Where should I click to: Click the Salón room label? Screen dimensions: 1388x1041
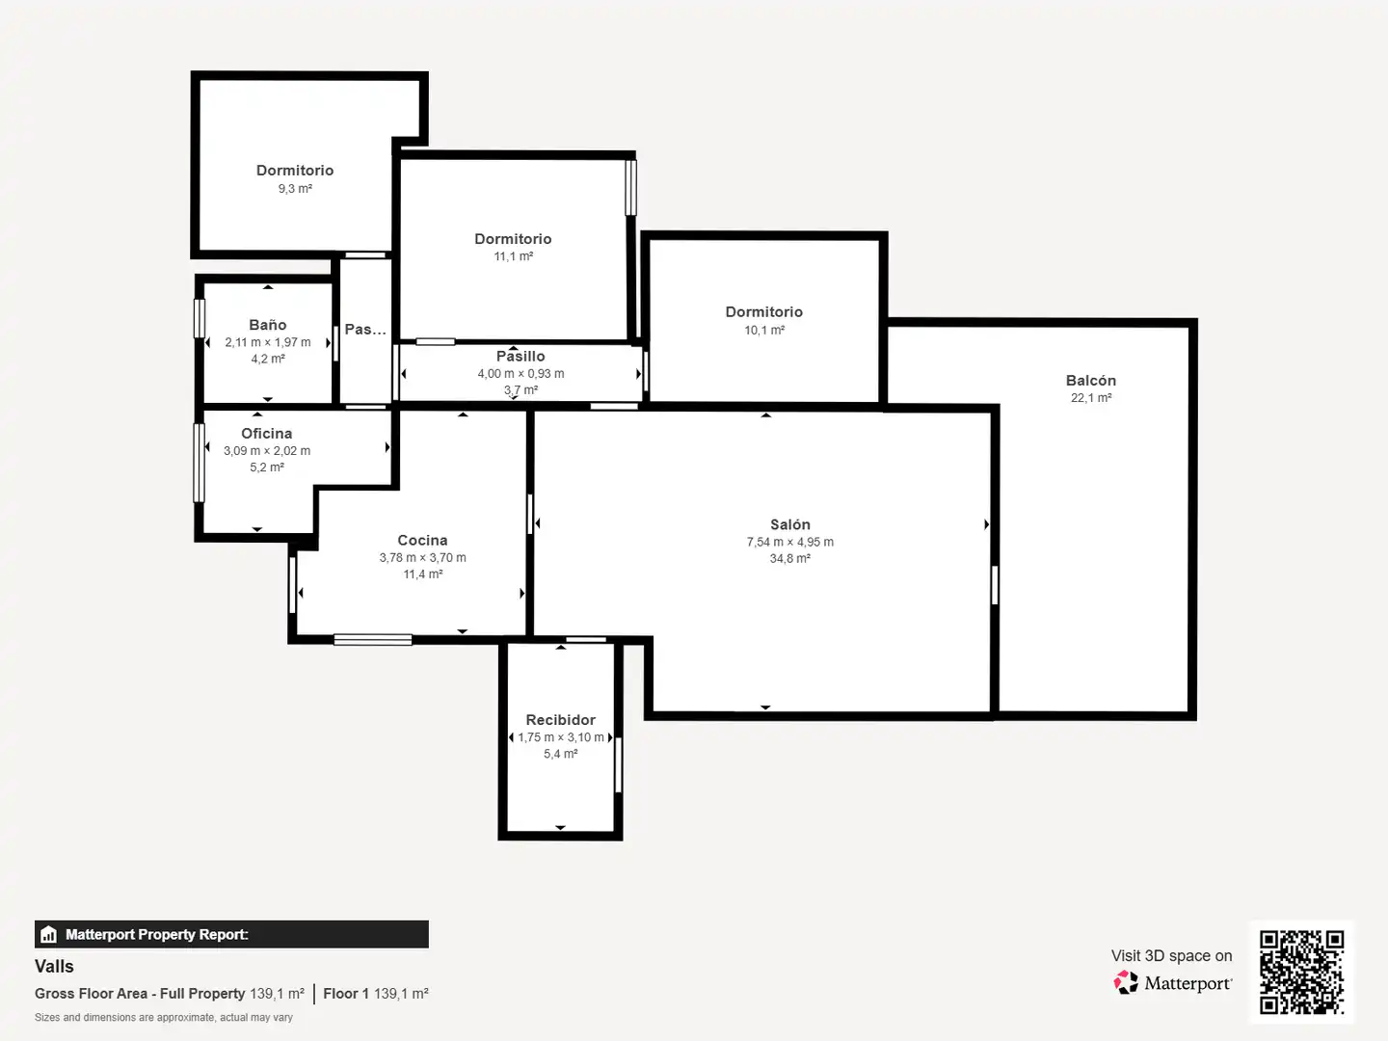(789, 524)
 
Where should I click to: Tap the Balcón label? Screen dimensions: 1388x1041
(1091, 381)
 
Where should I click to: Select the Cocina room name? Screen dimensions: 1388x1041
(422, 541)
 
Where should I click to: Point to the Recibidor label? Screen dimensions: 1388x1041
(560, 720)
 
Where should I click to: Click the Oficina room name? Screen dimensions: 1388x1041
(266, 434)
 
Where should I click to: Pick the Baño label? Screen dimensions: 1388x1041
(268, 325)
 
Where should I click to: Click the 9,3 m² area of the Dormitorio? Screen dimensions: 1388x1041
(295, 188)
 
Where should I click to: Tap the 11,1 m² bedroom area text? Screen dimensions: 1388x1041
(513, 256)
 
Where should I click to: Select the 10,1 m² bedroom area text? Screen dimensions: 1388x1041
(763, 330)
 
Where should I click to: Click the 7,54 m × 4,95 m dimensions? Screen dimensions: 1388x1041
(789, 542)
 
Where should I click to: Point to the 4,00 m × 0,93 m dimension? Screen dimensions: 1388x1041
(520, 374)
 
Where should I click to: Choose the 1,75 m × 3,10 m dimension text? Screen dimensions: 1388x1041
(560, 737)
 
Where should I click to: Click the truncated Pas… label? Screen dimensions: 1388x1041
(365, 330)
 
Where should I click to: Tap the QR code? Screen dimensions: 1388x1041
(1301, 973)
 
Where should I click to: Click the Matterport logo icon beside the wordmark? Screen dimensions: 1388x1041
(1126, 982)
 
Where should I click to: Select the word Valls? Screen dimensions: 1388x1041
(54, 967)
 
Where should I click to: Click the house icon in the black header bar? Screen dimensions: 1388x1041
(48, 934)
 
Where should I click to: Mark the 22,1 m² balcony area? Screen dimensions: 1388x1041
(1091, 397)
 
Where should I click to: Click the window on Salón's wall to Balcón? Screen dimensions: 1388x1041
(995, 585)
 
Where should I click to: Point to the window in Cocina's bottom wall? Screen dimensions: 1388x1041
(372, 640)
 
